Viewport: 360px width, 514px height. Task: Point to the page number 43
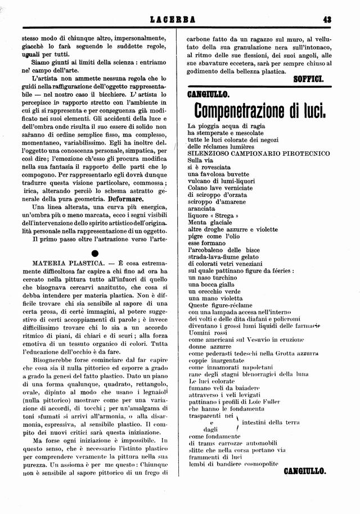tap(326, 20)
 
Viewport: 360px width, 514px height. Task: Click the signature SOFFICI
tap(309, 79)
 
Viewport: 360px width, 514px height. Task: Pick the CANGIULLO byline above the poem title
tap(205, 93)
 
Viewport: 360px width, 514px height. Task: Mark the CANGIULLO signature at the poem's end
tap(304, 471)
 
